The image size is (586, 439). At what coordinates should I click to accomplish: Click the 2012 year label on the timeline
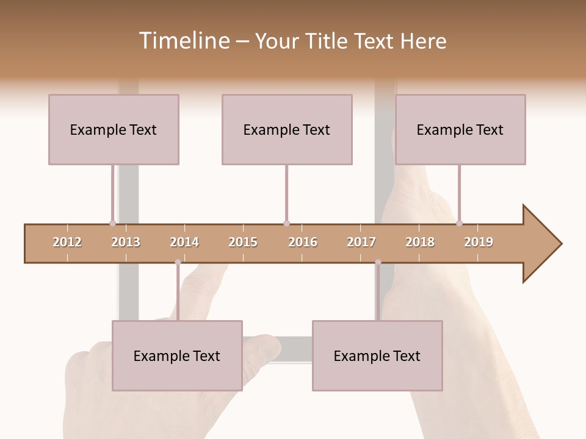67,243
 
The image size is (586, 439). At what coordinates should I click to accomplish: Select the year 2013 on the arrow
126,243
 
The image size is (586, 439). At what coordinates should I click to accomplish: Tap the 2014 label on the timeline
184,243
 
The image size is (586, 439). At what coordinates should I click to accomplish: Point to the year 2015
243,243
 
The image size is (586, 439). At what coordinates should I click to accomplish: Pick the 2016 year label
303,243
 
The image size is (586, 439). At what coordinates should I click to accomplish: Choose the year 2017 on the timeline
361,243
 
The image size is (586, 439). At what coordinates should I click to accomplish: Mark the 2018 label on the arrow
420,243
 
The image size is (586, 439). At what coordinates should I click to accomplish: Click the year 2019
479,243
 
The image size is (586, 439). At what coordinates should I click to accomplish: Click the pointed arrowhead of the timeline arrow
543,244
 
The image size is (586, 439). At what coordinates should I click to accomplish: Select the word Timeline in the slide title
183,41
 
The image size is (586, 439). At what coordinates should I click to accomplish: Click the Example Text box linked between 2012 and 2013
114,129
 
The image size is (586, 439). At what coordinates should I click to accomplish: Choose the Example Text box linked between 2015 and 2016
287,129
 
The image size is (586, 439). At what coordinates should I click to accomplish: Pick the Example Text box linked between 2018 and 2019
460,129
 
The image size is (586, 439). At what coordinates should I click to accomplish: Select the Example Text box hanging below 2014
177,355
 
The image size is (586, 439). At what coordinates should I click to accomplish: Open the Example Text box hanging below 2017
377,355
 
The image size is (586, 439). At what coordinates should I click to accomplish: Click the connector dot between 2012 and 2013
112,223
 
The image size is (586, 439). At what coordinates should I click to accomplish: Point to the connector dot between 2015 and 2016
286,223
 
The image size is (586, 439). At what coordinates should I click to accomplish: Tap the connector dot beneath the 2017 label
378,262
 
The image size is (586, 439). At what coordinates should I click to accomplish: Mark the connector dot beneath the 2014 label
178,262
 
